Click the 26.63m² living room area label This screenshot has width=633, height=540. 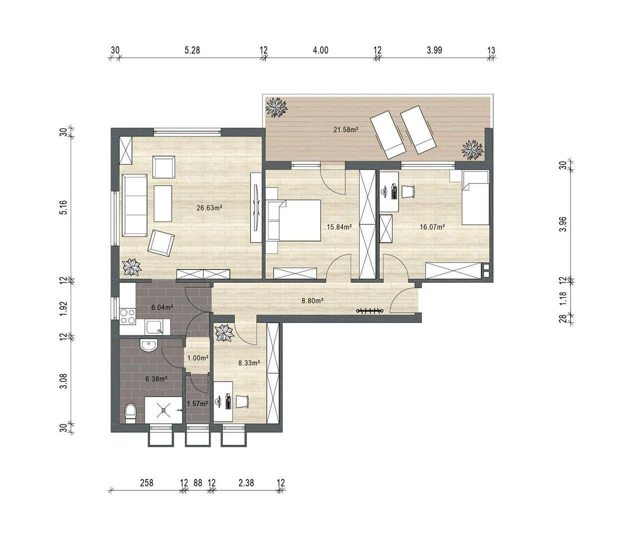click(x=209, y=208)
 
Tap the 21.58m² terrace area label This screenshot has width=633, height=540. click(x=346, y=130)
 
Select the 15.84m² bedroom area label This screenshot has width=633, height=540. click(x=339, y=226)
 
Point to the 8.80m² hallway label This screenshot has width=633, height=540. click(x=312, y=301)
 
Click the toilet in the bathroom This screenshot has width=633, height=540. click(x=130, y=413)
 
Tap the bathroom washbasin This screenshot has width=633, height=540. click(x=148, y=346)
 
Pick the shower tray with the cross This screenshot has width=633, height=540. click(x=163, y=410)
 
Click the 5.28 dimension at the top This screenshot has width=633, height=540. click(x=192, y=50)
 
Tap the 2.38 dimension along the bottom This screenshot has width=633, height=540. click(x=246, y=483)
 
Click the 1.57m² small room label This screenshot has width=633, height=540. click(x=197, y=404)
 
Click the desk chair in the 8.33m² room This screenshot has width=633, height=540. click(x=242, y=401)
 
